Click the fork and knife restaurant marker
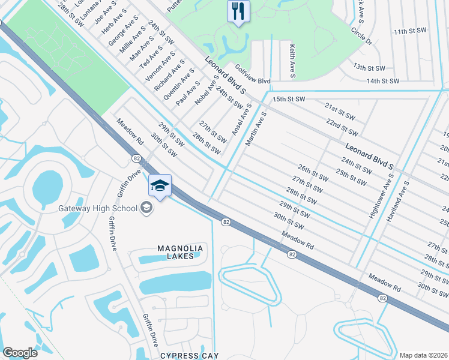238,11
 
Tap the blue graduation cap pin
160,186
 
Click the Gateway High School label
99,208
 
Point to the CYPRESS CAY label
184,355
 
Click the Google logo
20,353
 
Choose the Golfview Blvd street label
253,75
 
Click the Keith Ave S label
292,61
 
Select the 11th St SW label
411,30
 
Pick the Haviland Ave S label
399,202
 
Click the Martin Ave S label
255,128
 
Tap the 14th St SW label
383,80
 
